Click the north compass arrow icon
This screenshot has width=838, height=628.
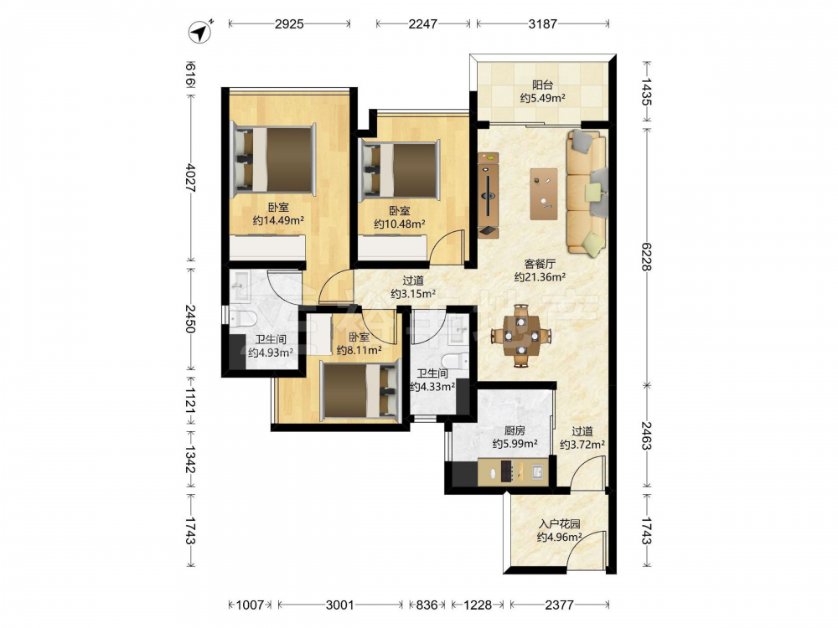pyautogui.click(x=200, y=32)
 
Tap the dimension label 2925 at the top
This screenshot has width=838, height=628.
pyautogui.click(x=289, y=24)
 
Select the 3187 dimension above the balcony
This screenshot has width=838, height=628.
pyautogui.click(x=542, y=24)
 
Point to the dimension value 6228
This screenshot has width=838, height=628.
pyautogui.click(x=646, y=256)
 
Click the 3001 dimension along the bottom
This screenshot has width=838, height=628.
pyautogui.click(x=340, y=605)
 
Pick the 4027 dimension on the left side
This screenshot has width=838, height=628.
pyautogui.click(x=189, y=178)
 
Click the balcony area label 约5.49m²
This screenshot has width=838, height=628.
pyautogui.click(x=543, y=98)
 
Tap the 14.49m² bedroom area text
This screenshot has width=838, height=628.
pyautogui.click(x=278, y=220)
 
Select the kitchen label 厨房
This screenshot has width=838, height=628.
pyautogui.click(x=515, y=430)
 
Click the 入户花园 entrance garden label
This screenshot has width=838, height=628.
pyautogui.click(x=559, y=524)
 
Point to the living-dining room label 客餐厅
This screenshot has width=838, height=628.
pyautogui.click(x=540, y=264)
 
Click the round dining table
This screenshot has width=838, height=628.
pyautogui.click(x=521, y=336)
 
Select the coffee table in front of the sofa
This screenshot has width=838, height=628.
pyautogui.click(x=544, y=194)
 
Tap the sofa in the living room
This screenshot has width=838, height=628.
pyautogui.click(x=587, y=192)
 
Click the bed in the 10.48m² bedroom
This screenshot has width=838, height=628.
pyautogui.click(x=401, y=170)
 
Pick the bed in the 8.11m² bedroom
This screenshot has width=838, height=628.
pyautogui.click(x=360, y=390)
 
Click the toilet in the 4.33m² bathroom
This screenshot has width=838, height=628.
pyautogui.click(x=455, y=361)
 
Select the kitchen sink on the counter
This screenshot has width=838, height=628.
pyautogui.click(x=537, y=471)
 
